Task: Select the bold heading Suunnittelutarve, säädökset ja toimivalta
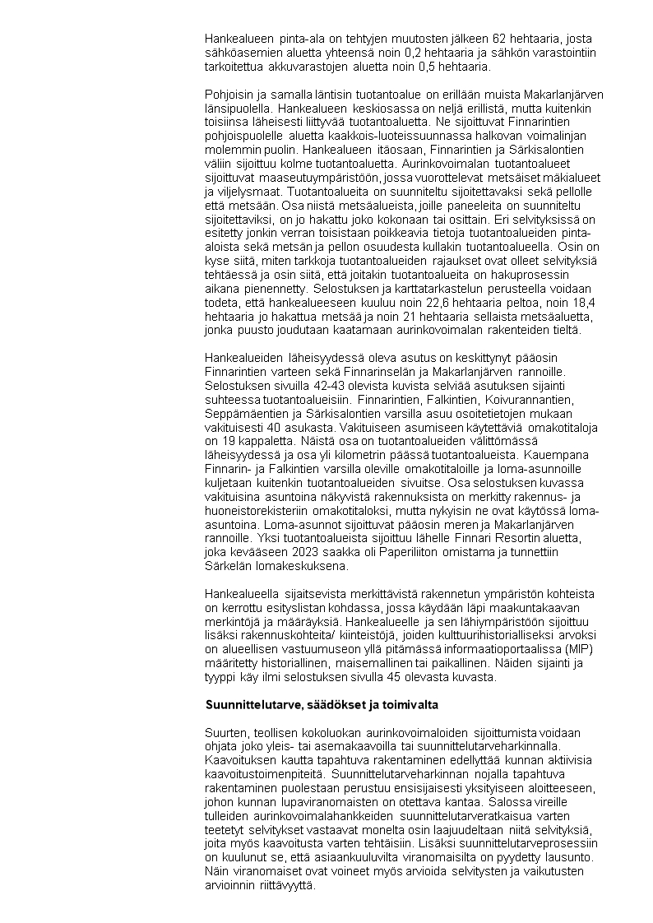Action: click(x=322, y=705)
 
